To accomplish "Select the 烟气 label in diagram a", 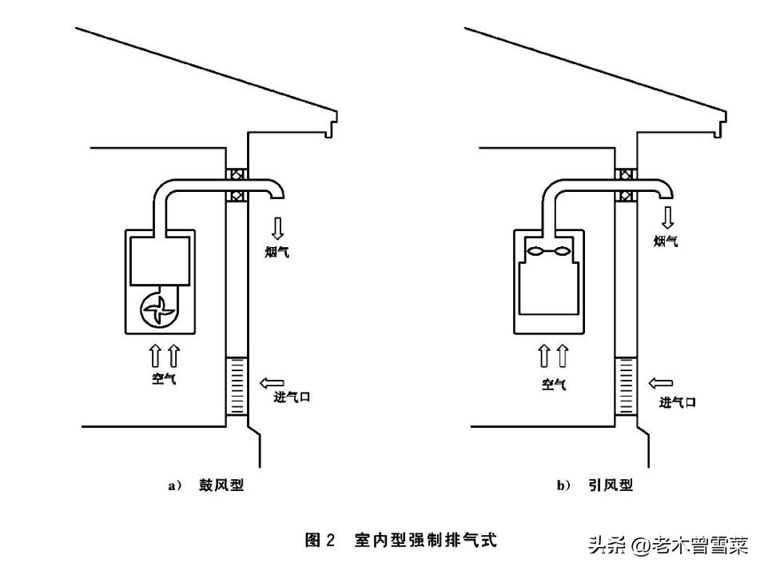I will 277,253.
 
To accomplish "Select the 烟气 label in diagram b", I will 666,241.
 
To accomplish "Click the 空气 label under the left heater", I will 164,378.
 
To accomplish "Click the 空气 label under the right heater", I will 553,384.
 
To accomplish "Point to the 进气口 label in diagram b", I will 677,402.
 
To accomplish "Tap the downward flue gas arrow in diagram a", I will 277,228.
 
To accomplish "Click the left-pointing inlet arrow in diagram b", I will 662,385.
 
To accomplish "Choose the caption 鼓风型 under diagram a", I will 221,485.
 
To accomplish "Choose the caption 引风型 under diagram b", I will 610,485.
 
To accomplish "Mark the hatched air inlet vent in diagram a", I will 237,387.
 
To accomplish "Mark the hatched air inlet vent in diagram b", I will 626,387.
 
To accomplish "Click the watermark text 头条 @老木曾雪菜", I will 668,545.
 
